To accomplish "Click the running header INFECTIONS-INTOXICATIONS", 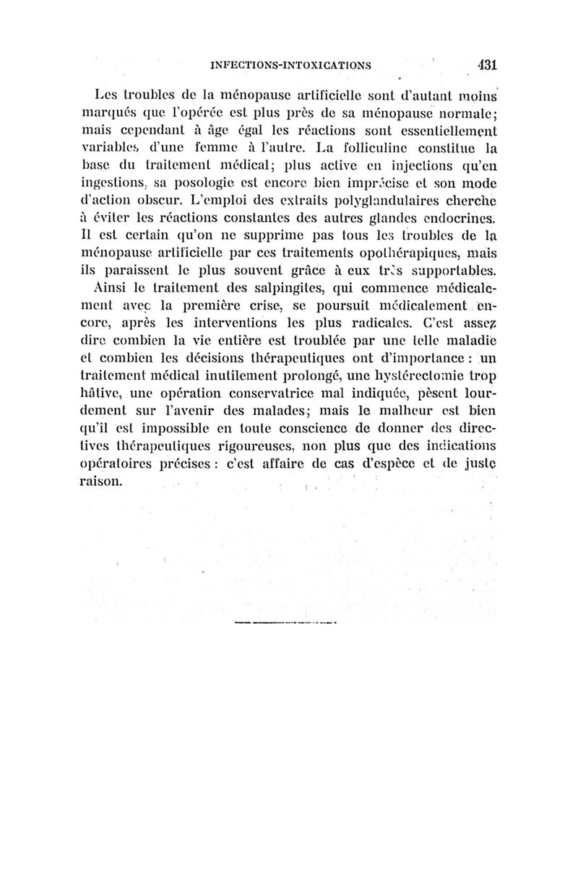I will click(290, 65).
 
